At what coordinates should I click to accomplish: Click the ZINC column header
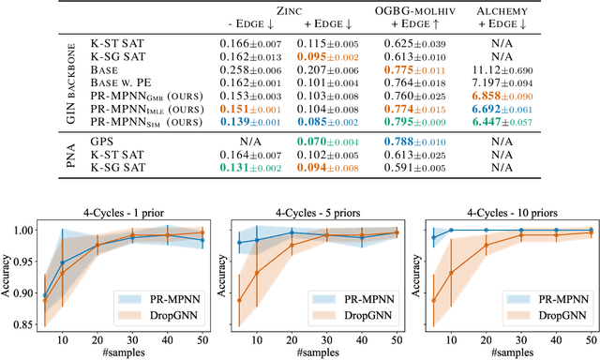289,9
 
